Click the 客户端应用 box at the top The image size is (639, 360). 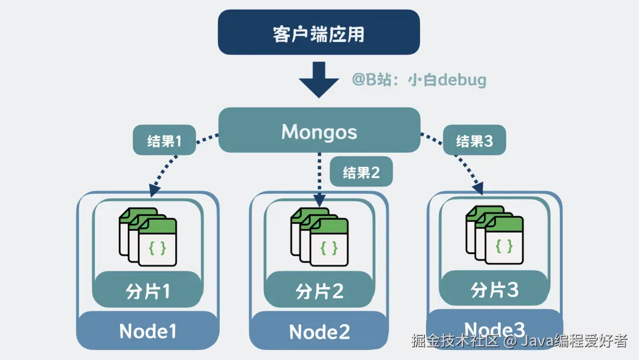[x=319, y=33]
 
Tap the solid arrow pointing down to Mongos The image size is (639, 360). [x=319, y=81]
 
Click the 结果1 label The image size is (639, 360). [x=164, y=141]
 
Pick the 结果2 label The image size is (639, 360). [x=361, y=172]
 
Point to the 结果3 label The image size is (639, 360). [x=475, y=141]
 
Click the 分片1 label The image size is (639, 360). [x=148, y=291]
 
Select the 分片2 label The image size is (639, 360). [x=319, y=291]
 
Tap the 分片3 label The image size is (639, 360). [x=494, y=289]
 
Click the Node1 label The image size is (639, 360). [x=148, y=331]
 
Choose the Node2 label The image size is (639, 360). [x=319, y=332]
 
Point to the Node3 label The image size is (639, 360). [x=494, y=329]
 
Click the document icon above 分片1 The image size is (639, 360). [x=148, y=236]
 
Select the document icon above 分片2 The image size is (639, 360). [x=319, y=236]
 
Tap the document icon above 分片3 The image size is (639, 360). [x=495, y=235]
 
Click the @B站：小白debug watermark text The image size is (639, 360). [x=419, y=80]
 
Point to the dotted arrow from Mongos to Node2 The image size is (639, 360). [x=319, y=178]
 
